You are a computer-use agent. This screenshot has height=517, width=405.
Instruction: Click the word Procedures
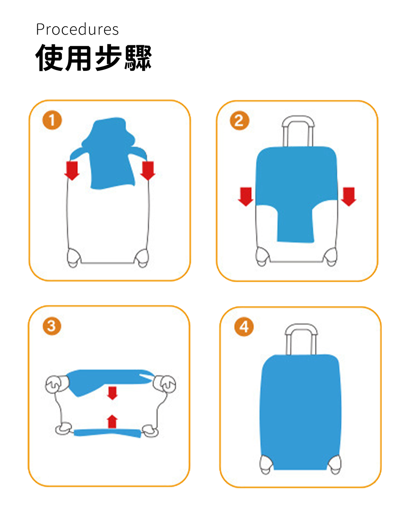(x=77, y=29)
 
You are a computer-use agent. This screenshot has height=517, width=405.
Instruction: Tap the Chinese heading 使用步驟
(x=93, y=58)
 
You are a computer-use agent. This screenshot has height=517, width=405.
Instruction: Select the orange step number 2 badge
(x=239, y=120)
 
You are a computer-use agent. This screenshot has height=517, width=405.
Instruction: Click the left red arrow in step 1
(x=72, y=170)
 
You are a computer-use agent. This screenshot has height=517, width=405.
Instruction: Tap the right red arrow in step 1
(x=148, y=170)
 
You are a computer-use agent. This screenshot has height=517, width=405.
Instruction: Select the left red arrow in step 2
(x=246, y=196)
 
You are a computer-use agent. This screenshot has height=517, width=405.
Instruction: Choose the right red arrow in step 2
(x=349, y=196)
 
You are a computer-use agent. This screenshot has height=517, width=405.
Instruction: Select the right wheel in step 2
(x=330, y=257)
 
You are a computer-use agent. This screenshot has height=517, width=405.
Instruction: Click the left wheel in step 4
(x=266, y=465)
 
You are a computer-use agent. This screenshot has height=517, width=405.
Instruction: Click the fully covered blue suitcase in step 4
(x=300, y=412)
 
